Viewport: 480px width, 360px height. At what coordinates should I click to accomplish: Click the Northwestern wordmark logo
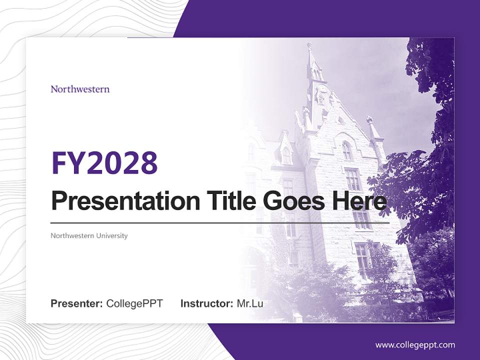click(x=80, y=89)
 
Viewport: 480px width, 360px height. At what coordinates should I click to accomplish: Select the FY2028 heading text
click(x=104, y=162)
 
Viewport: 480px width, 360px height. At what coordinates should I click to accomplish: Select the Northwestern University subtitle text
click(x=89, y=235)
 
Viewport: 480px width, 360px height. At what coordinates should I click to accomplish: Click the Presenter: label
click(x=77, y=303)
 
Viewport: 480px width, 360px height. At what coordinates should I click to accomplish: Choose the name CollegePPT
click(x=134, y=303)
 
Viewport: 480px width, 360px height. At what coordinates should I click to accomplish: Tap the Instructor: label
click(x=206, y=303)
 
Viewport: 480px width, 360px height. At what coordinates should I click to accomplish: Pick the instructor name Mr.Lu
click(x=250, y=303)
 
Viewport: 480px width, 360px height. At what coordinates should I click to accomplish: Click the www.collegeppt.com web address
click(x=415, y=344)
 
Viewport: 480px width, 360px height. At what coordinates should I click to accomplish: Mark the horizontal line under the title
click(x=220, y=222)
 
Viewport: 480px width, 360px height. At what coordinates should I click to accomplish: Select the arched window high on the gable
click(x=347, y=150)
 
